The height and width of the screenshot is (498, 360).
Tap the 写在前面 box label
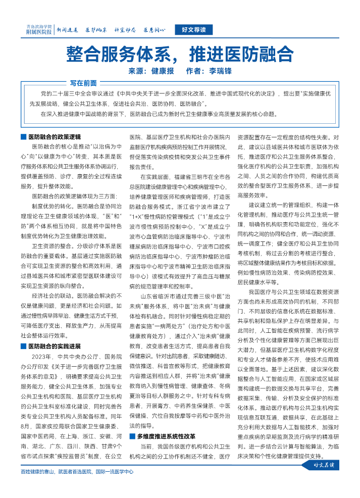pos(83,83)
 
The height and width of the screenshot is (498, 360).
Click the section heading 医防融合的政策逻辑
pos(54,137)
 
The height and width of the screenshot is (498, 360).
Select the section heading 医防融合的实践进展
pos(54,332)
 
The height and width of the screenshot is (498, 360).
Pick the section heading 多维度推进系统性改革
pos(166,435)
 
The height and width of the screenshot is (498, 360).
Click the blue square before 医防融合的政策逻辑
pos(23,137)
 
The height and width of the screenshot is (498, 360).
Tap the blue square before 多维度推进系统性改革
pos(132,435)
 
